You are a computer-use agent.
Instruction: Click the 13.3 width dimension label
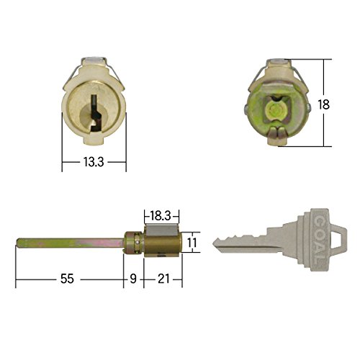[94, 162]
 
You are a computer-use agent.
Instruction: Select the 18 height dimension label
[324, 104]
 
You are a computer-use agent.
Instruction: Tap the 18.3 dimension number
[161, 216]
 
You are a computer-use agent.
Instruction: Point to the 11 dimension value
[192, 243]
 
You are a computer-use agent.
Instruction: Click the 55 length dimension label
[67, 279]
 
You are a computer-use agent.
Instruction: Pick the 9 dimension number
[133, 279]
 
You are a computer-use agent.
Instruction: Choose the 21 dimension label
[163, 279]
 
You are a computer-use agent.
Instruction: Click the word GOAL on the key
[320, 240]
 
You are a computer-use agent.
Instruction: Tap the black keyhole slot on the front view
[96, 112]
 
